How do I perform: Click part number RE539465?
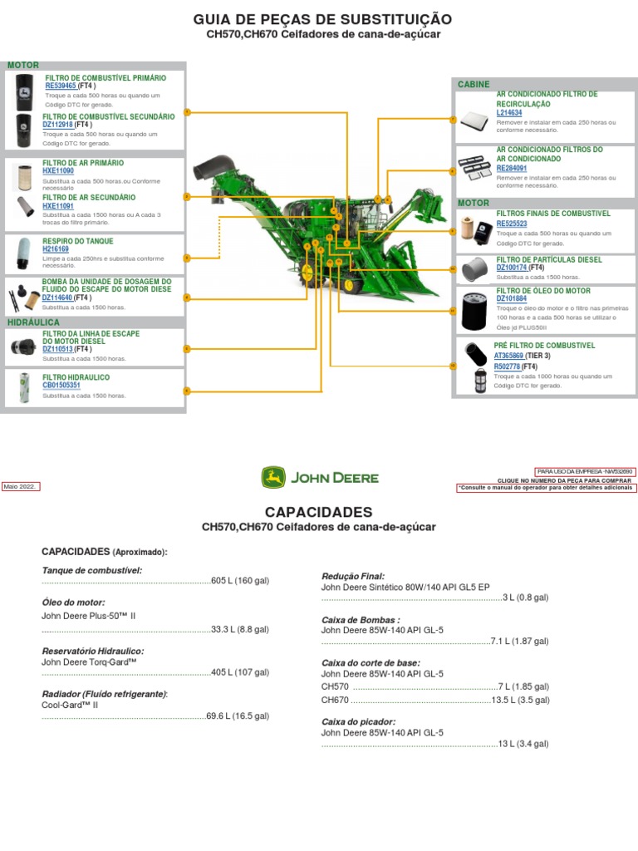pyautogui.click(x=61, y=86)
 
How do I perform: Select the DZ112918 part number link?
pyautogui.click(x=58, y=125)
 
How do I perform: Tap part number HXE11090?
pyautogui.click(x=58, y=171)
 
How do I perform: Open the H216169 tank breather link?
pyautogui.click(x=56, y=249)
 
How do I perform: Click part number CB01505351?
pyautogui.click(x=61, y=386)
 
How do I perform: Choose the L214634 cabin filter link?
pyautogui.click(x=509, y=112)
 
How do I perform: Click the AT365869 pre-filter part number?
pyautogui.click(x=508, y=356)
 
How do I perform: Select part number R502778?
pyautogui.click(x=507, y=366)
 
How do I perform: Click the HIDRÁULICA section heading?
pyautogui.click(x=33, y=322)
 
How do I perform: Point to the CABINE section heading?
pyautogui.click(x=474, y=84)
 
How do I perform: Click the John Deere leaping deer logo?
pyautogui.click(x=273, y=477)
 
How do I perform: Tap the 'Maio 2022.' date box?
pyautogui.click(x=21, y=487)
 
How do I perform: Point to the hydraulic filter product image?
pyautogui.click(x=24, y=388)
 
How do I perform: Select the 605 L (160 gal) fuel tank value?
pyautogui.click(x=240, y=581)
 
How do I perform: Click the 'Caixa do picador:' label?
pyautogui.click(x=358, y=721)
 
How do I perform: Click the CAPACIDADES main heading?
pyautogui.click(x=318, y=512)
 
